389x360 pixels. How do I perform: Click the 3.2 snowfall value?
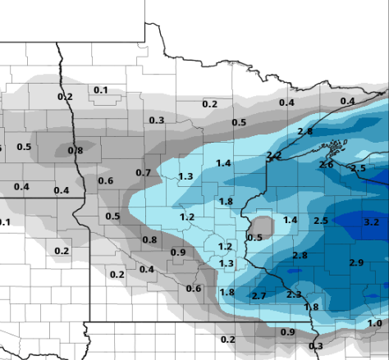(x=371, y=222)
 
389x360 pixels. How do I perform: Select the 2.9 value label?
(x=356, y=262)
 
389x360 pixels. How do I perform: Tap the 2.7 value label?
(x=259, y=295)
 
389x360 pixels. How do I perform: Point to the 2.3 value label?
(x=294, y=294)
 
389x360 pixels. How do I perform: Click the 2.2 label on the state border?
(x=274, y=156)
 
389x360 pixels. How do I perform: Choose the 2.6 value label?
(x=326, y=165)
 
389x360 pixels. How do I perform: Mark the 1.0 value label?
(x=374, y=324)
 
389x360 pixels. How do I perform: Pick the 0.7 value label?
(x=143, y=173)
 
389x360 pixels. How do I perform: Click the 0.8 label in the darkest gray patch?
(x=76, y=151)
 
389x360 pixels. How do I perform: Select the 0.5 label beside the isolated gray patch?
(x=254, y=238)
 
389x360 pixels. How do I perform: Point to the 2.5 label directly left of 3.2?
(x=321, y=221)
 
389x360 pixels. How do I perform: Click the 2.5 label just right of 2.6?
(x=358, y=169)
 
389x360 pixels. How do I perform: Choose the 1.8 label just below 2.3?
(x=311, y=308)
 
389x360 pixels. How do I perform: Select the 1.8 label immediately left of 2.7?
(x=227, y=293)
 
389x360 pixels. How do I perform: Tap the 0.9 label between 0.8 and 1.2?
(x=177, y=252)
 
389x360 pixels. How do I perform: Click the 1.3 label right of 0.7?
(x=185, y=176)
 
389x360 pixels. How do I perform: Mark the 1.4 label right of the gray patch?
(x=290, y=220)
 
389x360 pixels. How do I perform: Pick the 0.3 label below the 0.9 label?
(x=315, y=346)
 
